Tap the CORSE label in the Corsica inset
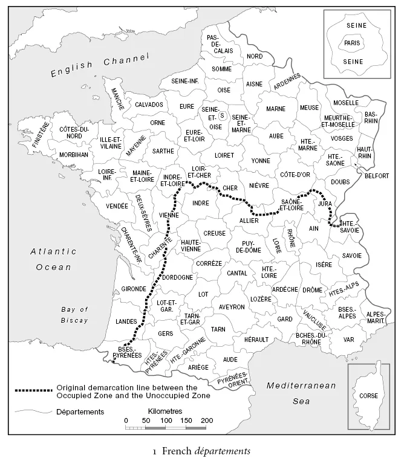(x=369, y=396)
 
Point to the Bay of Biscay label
(x=75, y=315)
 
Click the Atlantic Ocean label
(x=53, y=259)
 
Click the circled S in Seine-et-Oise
(x=222, y=115)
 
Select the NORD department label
(x=254, y=56)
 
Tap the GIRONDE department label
(x=134, y=289)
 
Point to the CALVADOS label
(x=149, y=105)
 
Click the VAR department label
(x=348, y=340)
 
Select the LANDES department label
(x=126, y=321)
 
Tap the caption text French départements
(x=202, y=450)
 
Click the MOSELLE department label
(x=346, y=103)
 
